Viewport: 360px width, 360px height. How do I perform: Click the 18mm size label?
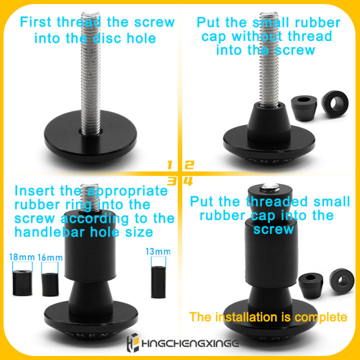pyautogui.click(x=22, y=257)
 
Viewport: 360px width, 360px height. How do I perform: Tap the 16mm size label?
pyautogui.click(x=50, y=257)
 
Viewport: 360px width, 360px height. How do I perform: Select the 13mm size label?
pyautogui.click(x=158, y=251)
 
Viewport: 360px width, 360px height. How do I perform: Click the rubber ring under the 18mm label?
pyautogui.click(x=22, y=282)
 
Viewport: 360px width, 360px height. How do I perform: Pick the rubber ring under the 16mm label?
pyautogui.click(x=50, y=284)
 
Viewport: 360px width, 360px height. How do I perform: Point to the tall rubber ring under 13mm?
pyautogui.click(x=158, y=282)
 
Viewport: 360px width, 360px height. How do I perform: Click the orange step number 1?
pyautogui.click(x=169, y=165)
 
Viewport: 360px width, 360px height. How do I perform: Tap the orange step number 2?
pyautogui.click(x=189, y=165)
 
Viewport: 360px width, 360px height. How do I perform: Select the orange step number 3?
pyautogui.click(x=171, y=181)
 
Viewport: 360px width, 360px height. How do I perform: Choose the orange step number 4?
pyautogui.click(x=188, y=181)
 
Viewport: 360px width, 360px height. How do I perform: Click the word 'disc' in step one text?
pyautogui.click(x=107, y=38)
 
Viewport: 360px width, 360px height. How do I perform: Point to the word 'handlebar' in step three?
pyautogui.click(x=49, y=232)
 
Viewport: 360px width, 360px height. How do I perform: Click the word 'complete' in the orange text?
pyautogui.click(x=320, y=317)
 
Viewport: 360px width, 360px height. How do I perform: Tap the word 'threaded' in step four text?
pyautogui.click(x=276, y=201)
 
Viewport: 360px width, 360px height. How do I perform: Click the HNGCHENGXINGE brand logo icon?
pyautogui.click(x=132, y=342)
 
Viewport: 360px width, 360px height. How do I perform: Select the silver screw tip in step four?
pyautogui.click(x=270, y=187)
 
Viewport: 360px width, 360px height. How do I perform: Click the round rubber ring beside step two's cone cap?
pyautogui.click(x=335, y=104)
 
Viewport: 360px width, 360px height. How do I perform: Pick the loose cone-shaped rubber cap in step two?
pyautogui.click(x=304, y=108)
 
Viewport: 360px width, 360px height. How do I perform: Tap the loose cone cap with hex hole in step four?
pyautogui.click(x=311, y=285)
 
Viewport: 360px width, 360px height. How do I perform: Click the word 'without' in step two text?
pyautogui.click(x=257, y=36)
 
